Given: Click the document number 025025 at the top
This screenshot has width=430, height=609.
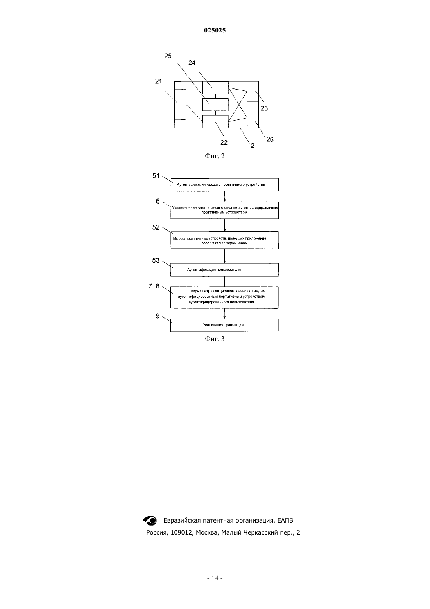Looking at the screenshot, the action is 215,30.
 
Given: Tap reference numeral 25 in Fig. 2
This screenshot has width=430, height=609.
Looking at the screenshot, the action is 168,56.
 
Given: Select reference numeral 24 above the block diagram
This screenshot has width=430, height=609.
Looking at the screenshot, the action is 192,63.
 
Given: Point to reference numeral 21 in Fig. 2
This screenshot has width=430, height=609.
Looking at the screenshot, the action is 158,81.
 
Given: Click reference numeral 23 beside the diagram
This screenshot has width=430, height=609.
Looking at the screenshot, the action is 264,108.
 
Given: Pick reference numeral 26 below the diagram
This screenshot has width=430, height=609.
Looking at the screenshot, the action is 270,139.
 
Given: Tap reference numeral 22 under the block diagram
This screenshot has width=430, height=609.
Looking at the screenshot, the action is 224,142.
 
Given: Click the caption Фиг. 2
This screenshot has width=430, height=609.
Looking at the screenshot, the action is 215,156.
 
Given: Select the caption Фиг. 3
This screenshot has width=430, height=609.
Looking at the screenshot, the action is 215,339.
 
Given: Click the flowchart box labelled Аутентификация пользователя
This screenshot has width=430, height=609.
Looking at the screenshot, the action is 224,270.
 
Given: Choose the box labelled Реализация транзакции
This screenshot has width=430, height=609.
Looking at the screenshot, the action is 224,325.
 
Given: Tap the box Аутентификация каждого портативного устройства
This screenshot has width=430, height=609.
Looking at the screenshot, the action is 224,185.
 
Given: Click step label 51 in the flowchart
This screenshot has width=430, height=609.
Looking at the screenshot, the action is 156,176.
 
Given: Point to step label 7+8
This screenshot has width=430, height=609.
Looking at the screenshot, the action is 154,286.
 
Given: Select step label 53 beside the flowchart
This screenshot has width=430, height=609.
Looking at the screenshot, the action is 156,261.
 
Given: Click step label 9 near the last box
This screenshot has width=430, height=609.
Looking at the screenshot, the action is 158,316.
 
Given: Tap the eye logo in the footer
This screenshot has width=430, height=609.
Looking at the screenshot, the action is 150,521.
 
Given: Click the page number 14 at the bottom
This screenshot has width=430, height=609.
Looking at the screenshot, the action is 215,578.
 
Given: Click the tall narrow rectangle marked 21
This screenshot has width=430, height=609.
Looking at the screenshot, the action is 181,105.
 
